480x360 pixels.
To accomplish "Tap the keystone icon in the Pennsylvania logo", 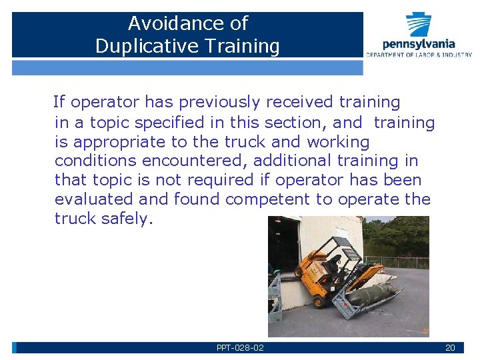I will (419, 25).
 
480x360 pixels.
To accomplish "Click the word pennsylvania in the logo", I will (419, 44).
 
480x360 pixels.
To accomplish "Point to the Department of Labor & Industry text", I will (419, 55).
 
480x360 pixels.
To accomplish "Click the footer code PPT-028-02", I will (240, 348).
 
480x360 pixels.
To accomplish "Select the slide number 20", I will (450, 348).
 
